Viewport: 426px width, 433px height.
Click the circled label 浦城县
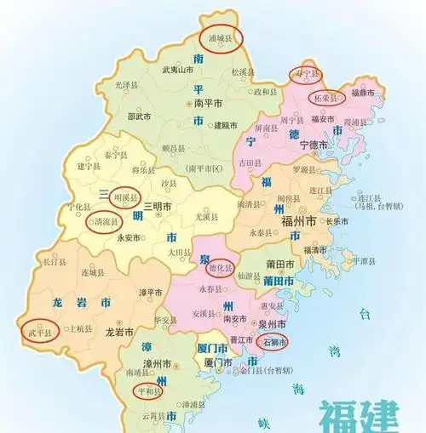pos(219,37)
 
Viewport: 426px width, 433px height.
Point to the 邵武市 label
pos(139,117)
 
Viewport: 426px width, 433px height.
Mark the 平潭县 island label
pos(366,260)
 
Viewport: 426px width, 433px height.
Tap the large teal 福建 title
pos(358,417)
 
